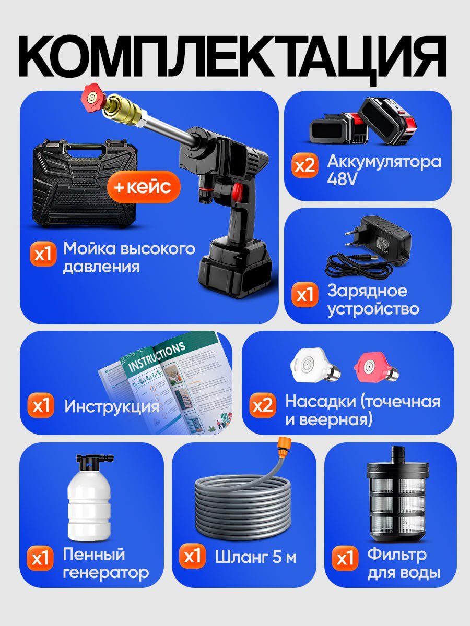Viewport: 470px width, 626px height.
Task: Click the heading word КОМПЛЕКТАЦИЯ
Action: [235, 52]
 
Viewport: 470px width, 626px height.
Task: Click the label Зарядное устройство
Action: [373, 299]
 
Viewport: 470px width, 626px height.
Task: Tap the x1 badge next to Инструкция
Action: [42, 406]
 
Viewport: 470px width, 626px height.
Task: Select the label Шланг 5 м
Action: [255, 557]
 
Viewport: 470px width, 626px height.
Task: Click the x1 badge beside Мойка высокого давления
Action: [42, 255]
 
